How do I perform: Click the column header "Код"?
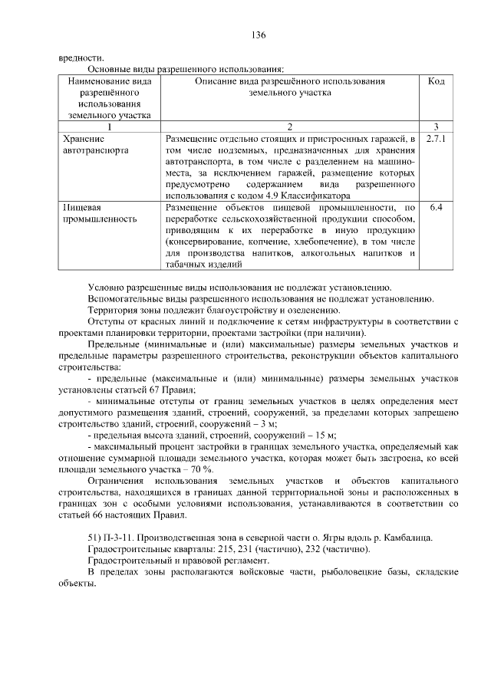[435, 81]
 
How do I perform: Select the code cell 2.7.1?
[435, 140]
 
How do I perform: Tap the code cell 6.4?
[435, 207]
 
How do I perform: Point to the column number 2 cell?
[289, 127]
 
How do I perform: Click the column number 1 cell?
[110, 127]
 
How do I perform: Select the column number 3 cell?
[435, 127]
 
